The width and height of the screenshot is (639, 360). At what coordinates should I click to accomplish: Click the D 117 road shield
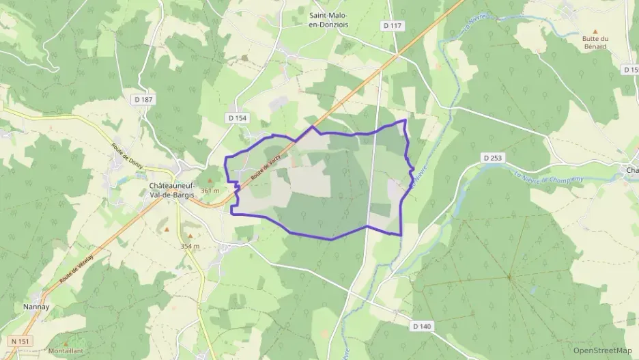click(393, 26)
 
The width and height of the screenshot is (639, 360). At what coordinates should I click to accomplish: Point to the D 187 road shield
click(143, 100)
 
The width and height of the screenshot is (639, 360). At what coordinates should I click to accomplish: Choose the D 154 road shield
click(238, 118)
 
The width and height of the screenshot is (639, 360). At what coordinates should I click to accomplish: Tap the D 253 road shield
click(492, 158)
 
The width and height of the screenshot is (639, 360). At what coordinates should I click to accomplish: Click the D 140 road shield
click(422, 327)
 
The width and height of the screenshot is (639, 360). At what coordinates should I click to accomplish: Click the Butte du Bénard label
click(595, 43)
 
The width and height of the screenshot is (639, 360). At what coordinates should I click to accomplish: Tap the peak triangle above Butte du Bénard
click(595, 31)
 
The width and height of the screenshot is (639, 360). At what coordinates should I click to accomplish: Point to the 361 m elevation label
click(210, 191)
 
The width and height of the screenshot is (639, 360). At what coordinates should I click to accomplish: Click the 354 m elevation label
click(190, 246)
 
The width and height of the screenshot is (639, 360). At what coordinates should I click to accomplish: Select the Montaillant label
click(66, 352)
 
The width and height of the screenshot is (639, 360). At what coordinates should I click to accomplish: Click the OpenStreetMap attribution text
click(602, 350)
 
